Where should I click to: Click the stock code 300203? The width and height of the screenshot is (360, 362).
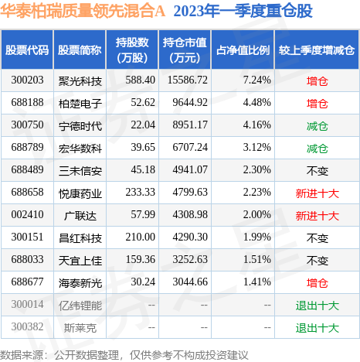27,80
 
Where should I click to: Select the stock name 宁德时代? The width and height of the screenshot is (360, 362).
80,126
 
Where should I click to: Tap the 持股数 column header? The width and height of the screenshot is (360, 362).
132,50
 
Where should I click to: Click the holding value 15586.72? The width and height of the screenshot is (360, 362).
188,80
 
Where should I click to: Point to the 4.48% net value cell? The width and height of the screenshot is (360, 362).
257,103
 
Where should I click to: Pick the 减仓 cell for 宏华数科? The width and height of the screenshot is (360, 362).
318,149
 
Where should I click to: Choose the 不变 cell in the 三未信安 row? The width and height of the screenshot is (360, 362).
318,171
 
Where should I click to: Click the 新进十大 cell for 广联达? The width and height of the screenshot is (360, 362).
318,216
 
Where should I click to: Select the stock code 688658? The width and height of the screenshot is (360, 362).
27,193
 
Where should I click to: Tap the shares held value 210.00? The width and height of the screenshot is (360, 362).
141,237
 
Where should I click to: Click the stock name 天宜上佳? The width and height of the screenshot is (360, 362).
80,261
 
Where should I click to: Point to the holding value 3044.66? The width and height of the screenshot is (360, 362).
190,282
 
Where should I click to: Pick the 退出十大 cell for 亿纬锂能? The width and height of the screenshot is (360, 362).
318,306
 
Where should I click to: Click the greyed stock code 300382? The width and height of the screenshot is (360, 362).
27,327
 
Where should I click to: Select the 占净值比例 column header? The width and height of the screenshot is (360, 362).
243,50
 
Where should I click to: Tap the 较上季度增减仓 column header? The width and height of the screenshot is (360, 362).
317,50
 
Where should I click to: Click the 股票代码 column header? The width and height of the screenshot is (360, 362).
27,50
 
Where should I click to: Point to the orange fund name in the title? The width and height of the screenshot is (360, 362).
83,12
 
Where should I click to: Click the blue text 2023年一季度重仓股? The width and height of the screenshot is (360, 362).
243,12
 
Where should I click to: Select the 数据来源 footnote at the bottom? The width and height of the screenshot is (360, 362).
124,355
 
